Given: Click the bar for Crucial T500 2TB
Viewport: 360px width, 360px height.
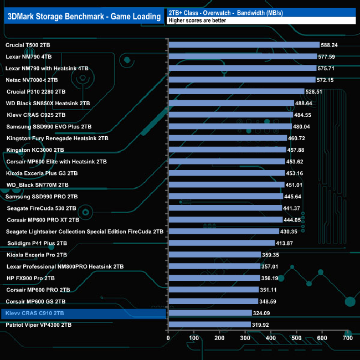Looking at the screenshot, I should (244, 45).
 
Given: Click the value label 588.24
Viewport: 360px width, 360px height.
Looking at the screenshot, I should (332, 45).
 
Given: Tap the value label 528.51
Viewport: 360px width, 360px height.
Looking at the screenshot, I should (317, 92).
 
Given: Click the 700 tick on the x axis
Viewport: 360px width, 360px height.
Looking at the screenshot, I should (348, 338).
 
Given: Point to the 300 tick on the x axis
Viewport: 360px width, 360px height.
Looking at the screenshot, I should (245, 338).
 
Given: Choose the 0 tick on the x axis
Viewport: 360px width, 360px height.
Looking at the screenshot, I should (168, 338).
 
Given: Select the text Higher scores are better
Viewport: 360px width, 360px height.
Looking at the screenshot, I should (193, 21).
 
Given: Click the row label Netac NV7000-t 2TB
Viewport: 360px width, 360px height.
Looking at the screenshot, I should (32, 80).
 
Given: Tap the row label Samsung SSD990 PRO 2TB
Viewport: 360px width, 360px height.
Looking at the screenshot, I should (42, 197).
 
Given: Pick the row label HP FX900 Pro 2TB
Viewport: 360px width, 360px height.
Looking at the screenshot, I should (31, 278).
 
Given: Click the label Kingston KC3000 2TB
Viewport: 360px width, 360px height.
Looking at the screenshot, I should (35, 150).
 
